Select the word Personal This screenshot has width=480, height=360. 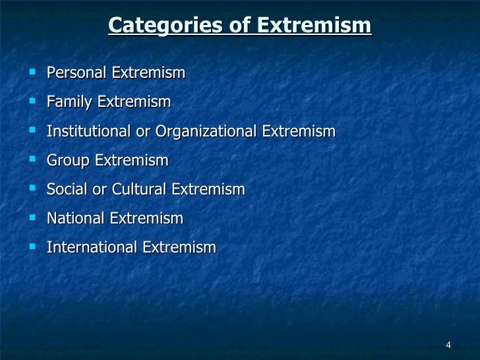[76, 73]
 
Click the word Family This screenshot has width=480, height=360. [70, 102]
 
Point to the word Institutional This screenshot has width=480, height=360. [89, 131]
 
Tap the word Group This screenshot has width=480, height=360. [69, 160]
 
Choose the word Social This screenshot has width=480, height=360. [66, 189]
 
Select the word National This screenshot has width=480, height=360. [75, 218]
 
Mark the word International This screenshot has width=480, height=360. [92, 247]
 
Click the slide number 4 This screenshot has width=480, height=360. [448, 346]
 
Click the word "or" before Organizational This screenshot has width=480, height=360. [143, 132]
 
